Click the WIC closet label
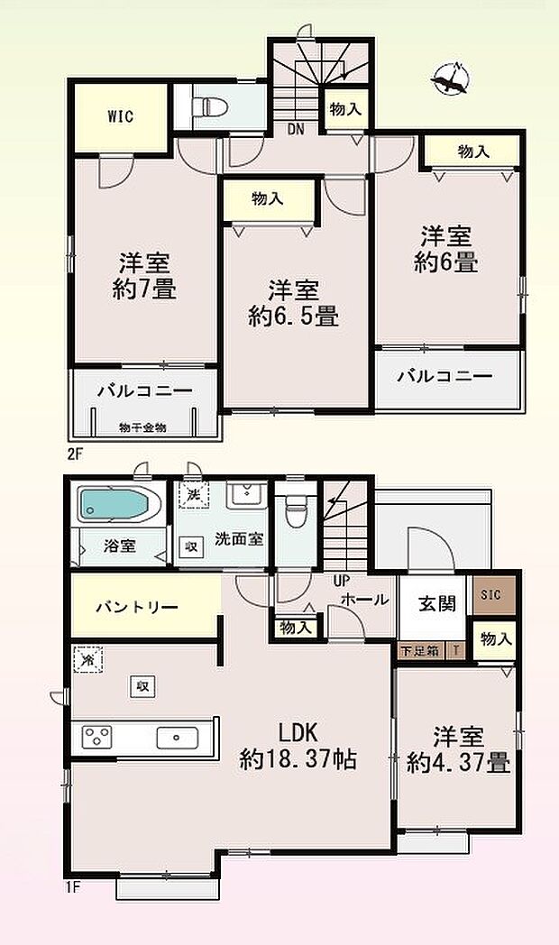121,117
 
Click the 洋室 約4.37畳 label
458,749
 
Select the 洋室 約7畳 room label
145,276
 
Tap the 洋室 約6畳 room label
447,250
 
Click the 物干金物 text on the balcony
142,427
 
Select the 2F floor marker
73,454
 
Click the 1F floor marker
72,886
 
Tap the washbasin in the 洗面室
241,496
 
